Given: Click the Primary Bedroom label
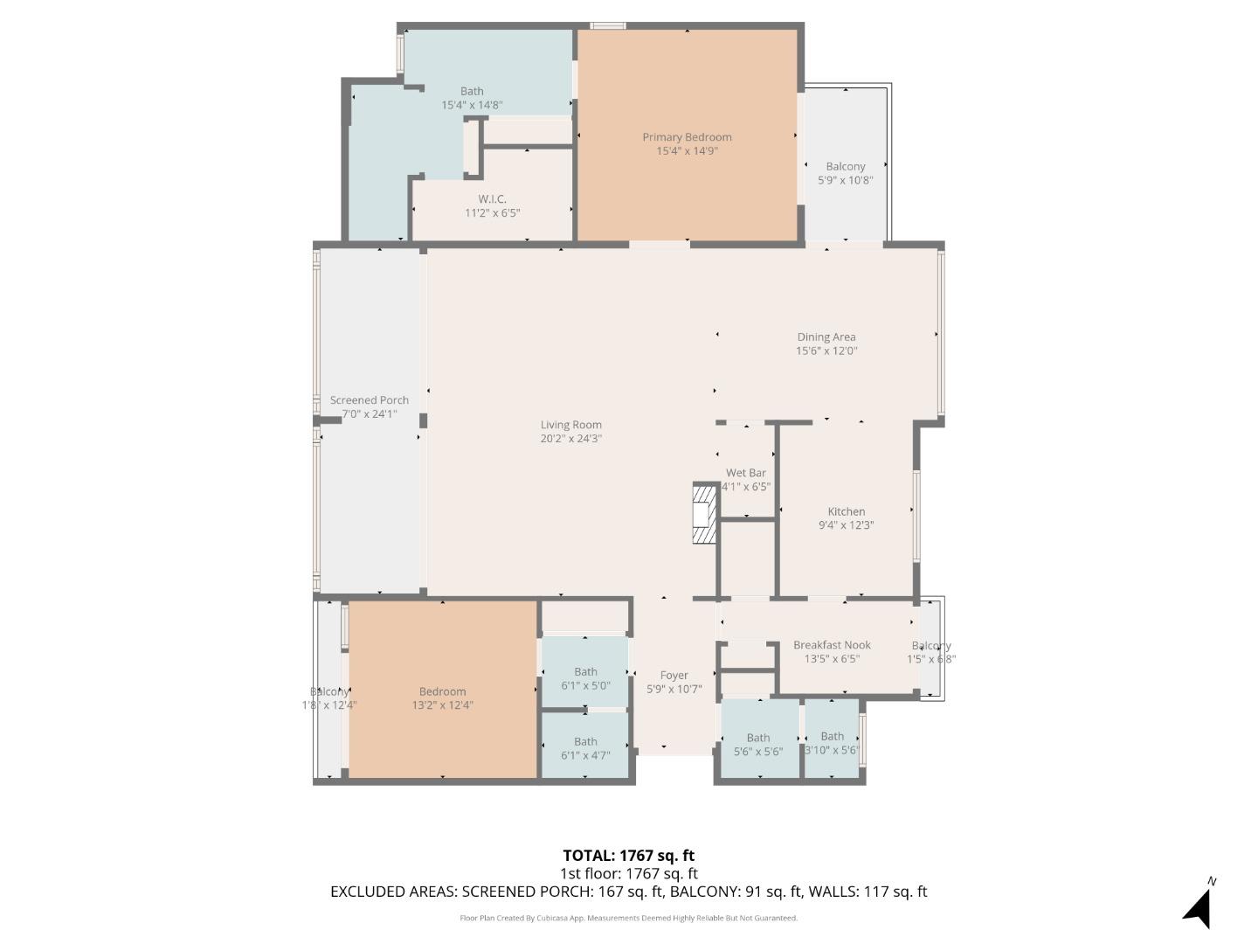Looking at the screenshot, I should tap(687, 137).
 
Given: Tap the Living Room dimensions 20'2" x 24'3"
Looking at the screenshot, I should tap(570, 439).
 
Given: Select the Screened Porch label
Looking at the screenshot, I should tap(369, 400).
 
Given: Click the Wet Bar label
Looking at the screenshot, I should tap(745, 473).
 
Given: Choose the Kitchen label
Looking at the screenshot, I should tap(846, 511).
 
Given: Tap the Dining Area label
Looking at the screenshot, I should tap(826, 337).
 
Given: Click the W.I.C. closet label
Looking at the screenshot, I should tap(492, 199).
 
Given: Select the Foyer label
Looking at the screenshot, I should tap(674, 675).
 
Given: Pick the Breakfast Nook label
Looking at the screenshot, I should tap(832, 645).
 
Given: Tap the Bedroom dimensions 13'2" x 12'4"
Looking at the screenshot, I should tap(442, 705).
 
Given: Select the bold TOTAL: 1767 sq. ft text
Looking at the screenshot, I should tap(628, 856).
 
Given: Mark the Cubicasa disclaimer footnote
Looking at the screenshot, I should tap(628, 918).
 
